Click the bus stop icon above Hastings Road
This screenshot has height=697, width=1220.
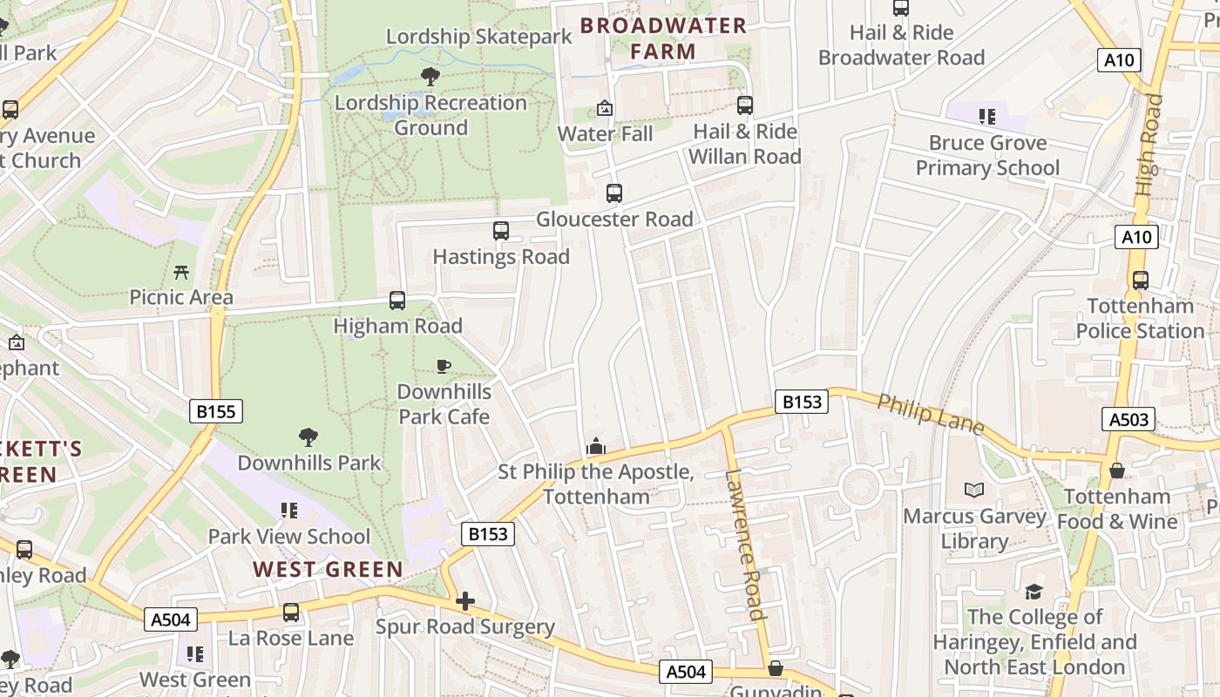(500, 231)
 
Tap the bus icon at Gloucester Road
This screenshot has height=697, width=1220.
(614, 193)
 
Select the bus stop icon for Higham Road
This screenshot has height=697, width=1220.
(397, 301)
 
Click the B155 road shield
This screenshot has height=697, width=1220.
(215, 411)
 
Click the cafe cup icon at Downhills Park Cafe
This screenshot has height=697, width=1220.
(444, 367)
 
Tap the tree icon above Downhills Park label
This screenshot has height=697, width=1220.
(308, 437)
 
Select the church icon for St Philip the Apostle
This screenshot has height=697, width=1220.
(596, 447)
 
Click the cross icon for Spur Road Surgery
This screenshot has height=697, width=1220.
(465, 601)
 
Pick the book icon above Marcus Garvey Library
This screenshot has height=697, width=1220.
(974, 491)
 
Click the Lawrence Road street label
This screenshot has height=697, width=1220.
(745, 545)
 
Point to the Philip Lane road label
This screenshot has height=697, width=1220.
(930, 414)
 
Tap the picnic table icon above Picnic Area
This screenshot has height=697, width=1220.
(181, 273)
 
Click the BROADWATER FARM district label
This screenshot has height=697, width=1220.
(663, 38)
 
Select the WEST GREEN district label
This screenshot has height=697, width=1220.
(329, 570)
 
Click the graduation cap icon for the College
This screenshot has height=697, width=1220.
(1034, 592)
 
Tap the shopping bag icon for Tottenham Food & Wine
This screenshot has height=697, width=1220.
(1117, 471)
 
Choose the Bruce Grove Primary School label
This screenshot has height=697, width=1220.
(987, 155)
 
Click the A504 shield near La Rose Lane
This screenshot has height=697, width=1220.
(171, 619)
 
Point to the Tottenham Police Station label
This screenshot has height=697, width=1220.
(1140, 318)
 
